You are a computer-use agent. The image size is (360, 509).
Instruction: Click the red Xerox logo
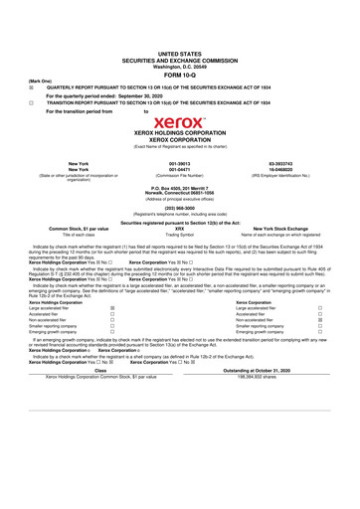179,124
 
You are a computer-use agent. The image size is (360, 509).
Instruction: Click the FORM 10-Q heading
179,74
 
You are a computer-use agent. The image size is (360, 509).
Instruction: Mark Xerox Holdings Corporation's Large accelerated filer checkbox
111,337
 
